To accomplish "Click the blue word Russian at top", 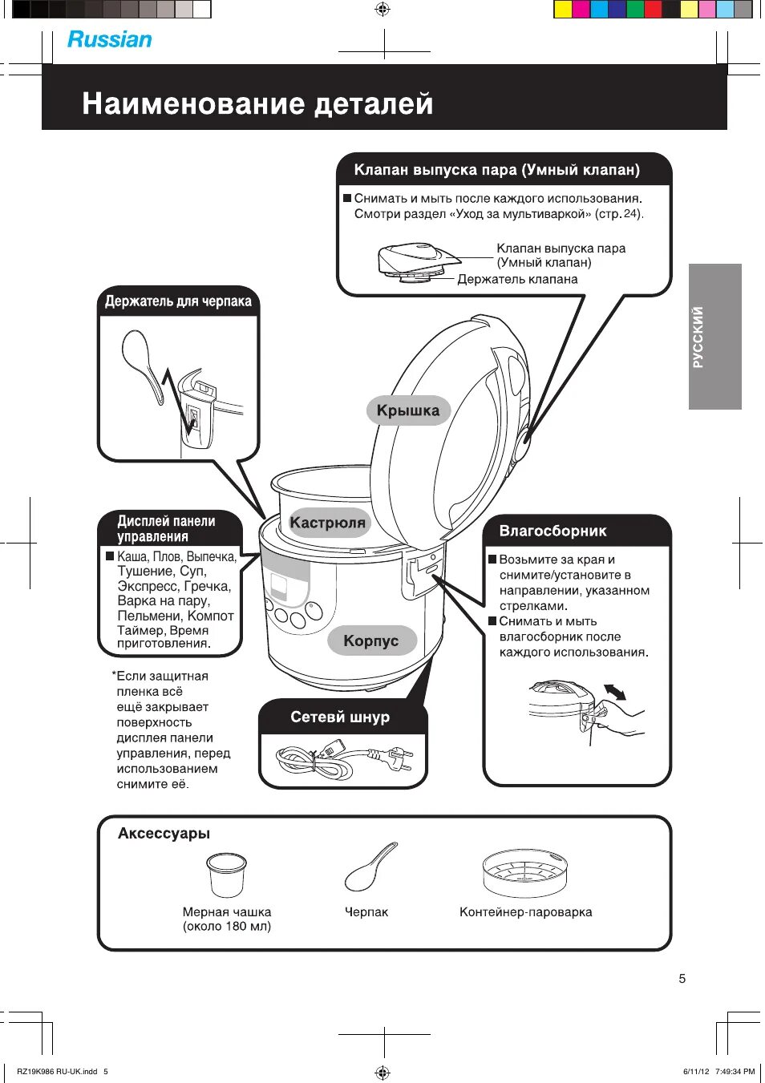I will tap(109, 39).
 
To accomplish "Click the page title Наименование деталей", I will tap(257, 103).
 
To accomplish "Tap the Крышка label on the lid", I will tap(408, 410).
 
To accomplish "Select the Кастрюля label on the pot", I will tap(327, 523).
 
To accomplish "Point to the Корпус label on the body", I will tap(370, 641).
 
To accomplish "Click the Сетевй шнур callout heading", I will tap(340, 717).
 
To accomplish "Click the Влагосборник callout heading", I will tap(552, 531).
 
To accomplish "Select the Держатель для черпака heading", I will tap(178, 301).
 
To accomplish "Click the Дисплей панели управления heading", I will tap(166, 528).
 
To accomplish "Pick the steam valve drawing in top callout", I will tap(416, 262).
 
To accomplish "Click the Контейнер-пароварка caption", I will tap(525, 912).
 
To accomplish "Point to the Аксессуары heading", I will tap(164, 834).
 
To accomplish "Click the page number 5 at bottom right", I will tap(682, 978).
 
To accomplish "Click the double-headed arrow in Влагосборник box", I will tap(615, 691).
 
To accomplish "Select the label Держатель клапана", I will tap(517, 279).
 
